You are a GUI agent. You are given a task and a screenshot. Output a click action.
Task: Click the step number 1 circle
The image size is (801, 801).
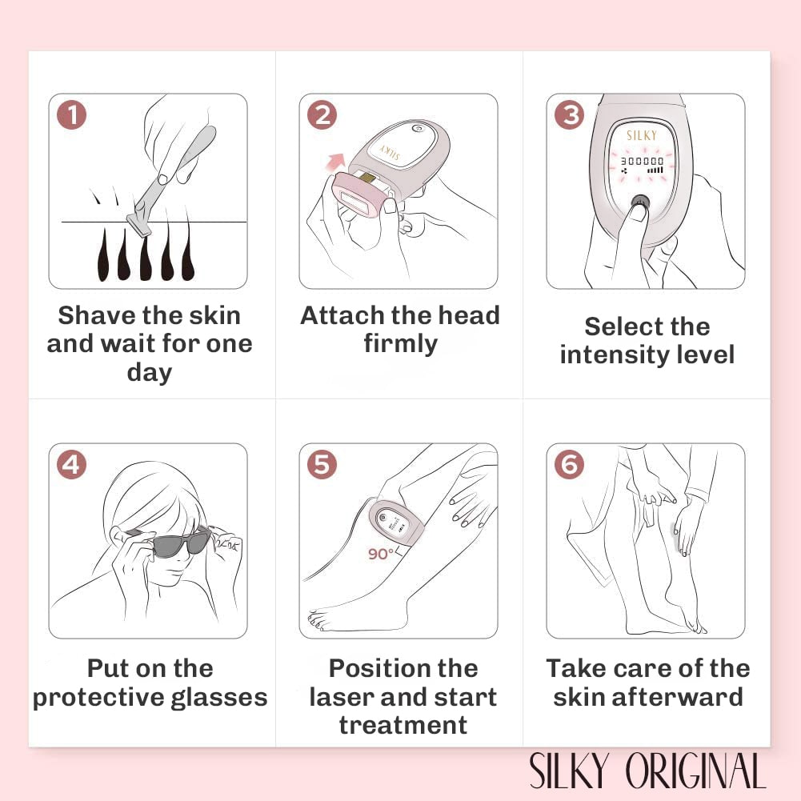[x=72, y=115]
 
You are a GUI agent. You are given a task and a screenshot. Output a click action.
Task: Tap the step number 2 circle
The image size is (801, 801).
[x=322, y=115]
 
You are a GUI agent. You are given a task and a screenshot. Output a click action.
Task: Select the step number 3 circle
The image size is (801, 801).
[x=569, y=115]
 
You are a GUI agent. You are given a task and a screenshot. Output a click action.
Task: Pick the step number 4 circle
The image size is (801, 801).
[x=72, y=464]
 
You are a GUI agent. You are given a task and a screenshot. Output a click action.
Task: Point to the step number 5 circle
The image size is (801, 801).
[x=322, y=464]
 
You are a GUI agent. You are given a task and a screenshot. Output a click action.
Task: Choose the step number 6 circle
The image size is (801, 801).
[x=569, y=464]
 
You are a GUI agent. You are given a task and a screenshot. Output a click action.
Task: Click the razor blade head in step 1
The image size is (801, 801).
[x=138, y=226]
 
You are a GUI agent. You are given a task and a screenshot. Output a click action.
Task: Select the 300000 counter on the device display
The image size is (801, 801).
[x=641, y=160]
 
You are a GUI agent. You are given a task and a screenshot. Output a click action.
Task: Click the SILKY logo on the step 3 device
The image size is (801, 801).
[x=641, y=136]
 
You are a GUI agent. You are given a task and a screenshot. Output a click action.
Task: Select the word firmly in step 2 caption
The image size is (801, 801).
[x=400, y=344]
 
